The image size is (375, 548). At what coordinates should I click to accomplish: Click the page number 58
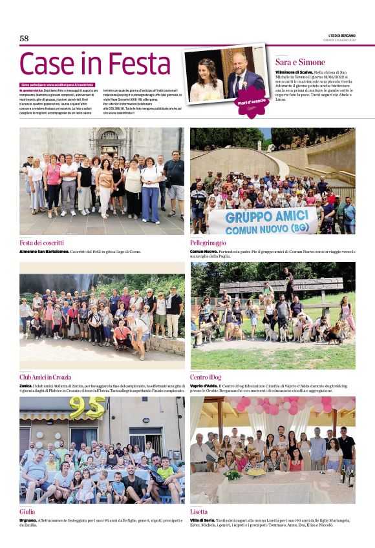[24, 39]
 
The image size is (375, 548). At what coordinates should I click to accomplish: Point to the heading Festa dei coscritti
[45, 242]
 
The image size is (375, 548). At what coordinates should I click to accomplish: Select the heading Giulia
[27, 511]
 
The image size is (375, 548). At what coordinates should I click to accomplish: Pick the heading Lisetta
[199, 511]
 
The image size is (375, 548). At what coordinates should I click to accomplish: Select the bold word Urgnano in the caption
[28, 520]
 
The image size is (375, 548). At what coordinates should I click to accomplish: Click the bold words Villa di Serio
[202, 520]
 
